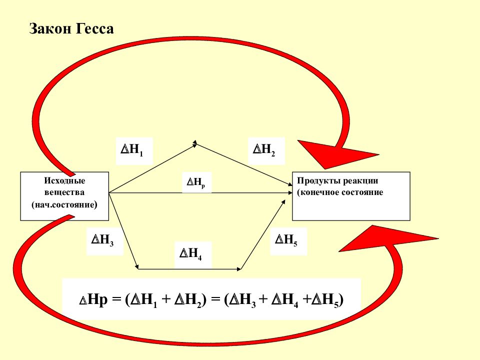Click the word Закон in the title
coord(50,28)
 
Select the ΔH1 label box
coord(134,151)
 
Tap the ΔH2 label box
coord(266,151)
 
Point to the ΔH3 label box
coord(104,241)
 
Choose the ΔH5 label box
coord(288,241)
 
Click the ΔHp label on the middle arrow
coord(196,183)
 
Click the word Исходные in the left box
coord(64,180)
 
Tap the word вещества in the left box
coord(64,192)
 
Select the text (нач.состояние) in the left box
coord(64,204)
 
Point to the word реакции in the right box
coord(360,181)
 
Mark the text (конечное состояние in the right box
coord(340,192)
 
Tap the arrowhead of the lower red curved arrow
coord(385,238)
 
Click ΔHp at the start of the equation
coord(93,299)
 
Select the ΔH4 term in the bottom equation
coord(284,300)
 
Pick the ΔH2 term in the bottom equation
coord(188,300)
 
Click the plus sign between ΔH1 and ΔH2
coord(165,299)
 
